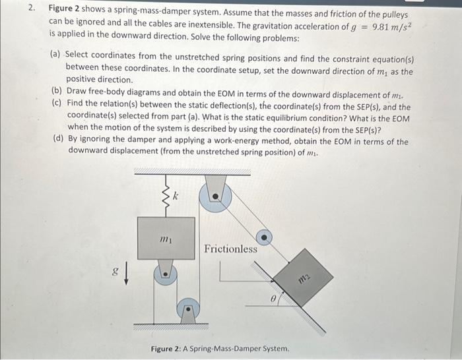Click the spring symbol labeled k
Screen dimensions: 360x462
[x=166, y=196]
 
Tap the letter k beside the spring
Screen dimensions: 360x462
[x=176, y=195]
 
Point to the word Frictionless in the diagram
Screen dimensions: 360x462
[x=230, y=249]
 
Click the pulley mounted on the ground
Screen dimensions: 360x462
[x=189, y=308]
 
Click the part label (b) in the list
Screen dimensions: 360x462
[x=57, y=94]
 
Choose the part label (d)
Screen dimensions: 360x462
[x=57, y=140]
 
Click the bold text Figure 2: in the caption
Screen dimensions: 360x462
[x=170, y=349]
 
